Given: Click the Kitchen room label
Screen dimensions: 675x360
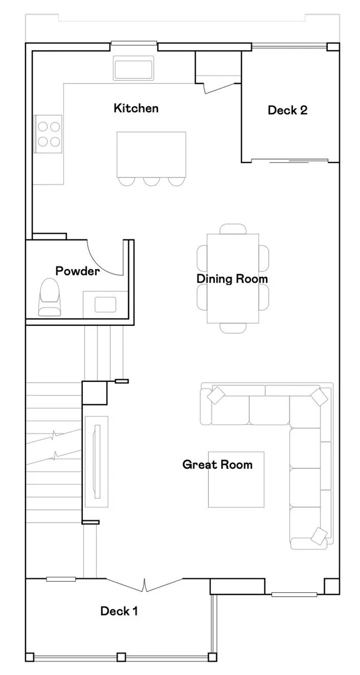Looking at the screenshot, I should [136, 108].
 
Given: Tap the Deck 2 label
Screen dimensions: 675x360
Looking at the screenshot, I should [287, 110].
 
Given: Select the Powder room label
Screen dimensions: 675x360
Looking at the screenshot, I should [77, 271].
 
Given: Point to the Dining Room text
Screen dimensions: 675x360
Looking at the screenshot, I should [232, 279].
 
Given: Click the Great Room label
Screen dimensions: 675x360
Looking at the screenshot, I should [217, 464].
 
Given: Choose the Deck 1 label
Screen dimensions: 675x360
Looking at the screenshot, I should [119, 611].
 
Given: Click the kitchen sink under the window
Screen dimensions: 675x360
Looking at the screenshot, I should [133, 68].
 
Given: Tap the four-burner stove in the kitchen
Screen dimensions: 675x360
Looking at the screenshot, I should [48, 133].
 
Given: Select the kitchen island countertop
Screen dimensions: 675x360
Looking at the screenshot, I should [151, 153].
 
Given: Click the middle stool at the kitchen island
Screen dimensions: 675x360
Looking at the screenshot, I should [151, 181].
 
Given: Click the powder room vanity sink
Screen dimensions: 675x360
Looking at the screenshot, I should [105, 305].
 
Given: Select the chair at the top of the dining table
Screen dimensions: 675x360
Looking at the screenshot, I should [233, 229].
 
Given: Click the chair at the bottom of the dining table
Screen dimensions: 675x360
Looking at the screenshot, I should [233, 328].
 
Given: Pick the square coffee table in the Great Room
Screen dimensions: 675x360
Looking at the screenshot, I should [236, 479].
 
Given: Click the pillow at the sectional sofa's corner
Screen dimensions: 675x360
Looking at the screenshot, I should [319, 396].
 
